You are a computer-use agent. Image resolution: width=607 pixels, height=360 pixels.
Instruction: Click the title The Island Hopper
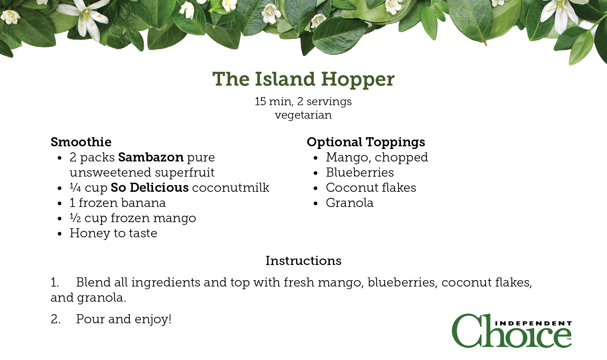click(303, 80)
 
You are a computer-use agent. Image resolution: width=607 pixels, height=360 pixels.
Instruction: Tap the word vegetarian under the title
click(303, 115)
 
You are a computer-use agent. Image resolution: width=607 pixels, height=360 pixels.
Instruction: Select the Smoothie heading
click(81, 142)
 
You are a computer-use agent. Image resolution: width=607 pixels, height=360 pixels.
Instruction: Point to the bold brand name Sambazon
click(151, 157)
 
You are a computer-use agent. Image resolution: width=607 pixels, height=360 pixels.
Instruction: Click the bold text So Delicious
click(150, 187)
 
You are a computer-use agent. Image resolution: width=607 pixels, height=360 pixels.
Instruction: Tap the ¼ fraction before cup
click(75, 187)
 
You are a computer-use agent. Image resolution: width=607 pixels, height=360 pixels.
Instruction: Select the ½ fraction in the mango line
click(75, 218)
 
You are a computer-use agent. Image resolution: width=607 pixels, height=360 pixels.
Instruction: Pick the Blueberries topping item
click(360, 173)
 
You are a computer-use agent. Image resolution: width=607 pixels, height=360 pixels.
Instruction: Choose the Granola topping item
click(350, 203)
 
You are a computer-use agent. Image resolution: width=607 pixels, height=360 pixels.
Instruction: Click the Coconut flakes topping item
click(371, 187)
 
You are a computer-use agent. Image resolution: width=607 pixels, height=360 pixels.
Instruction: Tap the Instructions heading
click(303, 261)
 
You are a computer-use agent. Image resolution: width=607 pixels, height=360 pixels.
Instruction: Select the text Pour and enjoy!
click(124, 319)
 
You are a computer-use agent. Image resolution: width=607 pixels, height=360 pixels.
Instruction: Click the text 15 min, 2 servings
click(303, 101)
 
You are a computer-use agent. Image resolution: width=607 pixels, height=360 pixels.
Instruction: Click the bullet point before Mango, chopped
click(316, 158)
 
